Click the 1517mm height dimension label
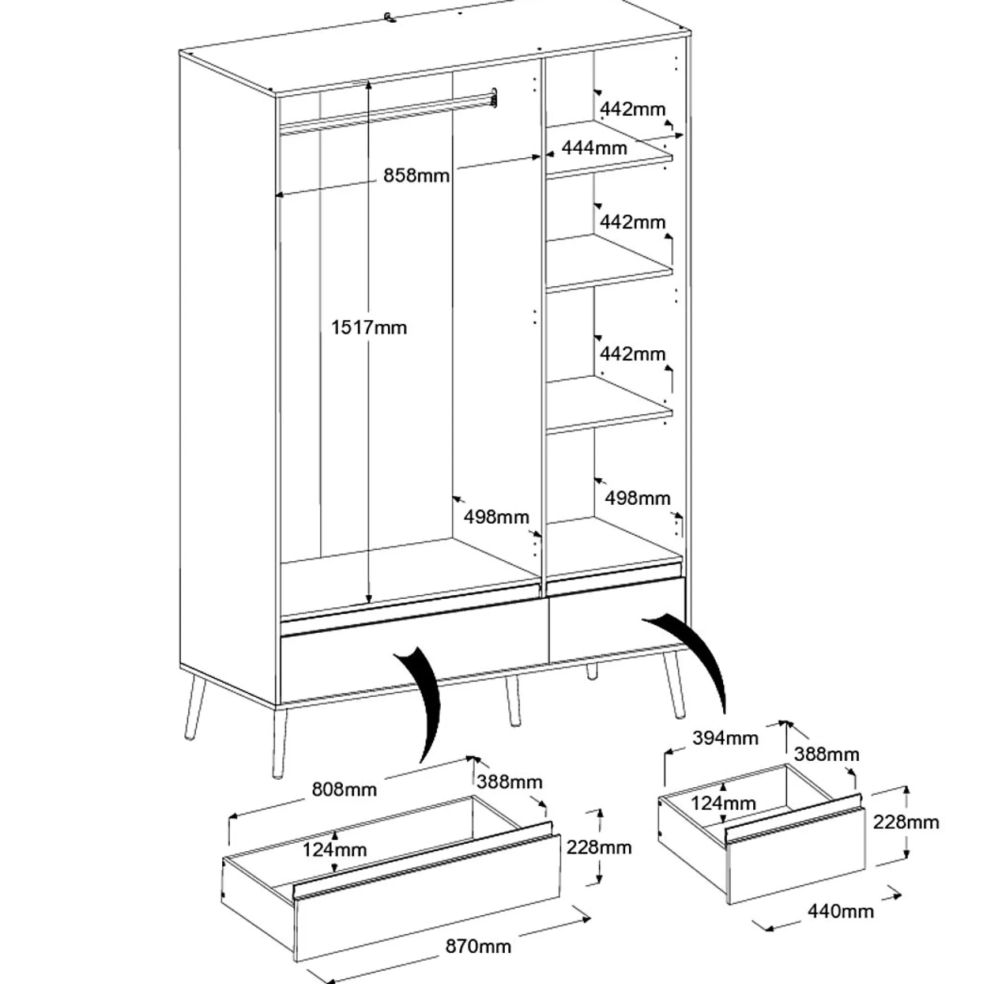pyautogui.click(x=369, y=328)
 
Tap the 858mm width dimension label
pyautogui.click(x=416, y=175)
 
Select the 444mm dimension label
pyautogui.click(x=594, y=148)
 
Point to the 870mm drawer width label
pyautogui.click(x=478, y=945)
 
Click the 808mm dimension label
pyautogui.click(x=344, y=789)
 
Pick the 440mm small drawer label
pyautogui.click(x=841, y=910)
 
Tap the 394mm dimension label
pyautogui.click(x=725, y=737)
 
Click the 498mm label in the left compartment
pyautogui.click(x=496, y=516)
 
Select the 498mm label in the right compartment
pyautogui.click(x=637, y=498)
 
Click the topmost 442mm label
pyautogui.click(x=633, y=109)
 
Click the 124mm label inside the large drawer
pyautogui.click(x=334, y=850)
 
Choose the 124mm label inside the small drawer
pyautogui.click(x=724, y=804)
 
